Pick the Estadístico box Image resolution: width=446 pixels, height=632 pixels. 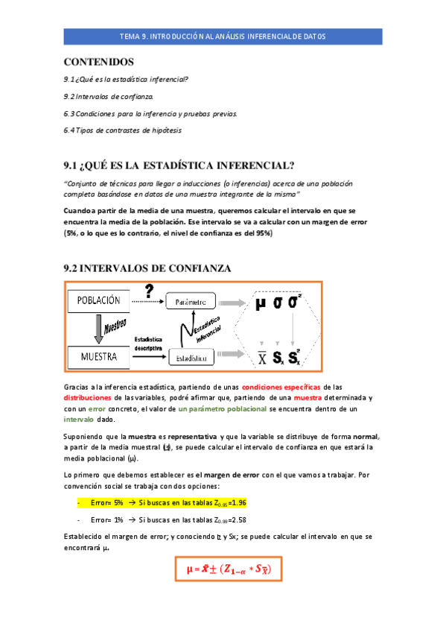pyautogui.click(x=191, y=358)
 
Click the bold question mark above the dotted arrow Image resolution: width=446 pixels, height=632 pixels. pyautogui.click(x=149, y=290)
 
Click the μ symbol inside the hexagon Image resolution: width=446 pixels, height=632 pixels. pyautogui.click(x=260, y=303)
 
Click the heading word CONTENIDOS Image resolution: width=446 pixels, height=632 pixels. pyautogui.click(x=99, y=61)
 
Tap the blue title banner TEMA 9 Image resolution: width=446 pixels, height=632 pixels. pyautogui.click(x=223, y=36)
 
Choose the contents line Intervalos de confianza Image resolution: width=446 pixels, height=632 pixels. pyautogui.click(x=109, y=96)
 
